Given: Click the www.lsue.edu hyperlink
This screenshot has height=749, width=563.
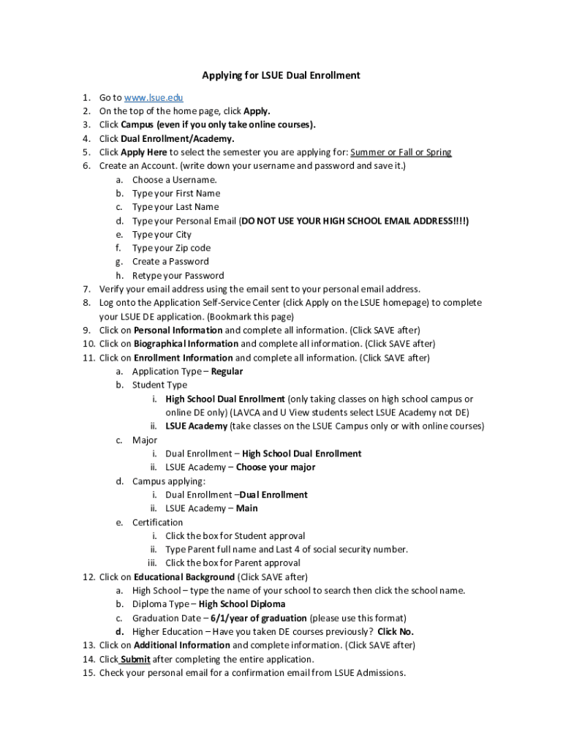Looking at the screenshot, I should (x=154, y=97).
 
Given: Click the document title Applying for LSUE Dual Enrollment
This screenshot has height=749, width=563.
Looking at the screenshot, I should (x=281, y=75).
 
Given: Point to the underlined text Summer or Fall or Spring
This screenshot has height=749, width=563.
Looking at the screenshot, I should (x=401, y=152).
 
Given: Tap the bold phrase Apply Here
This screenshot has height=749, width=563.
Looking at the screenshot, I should (x=144, y=152).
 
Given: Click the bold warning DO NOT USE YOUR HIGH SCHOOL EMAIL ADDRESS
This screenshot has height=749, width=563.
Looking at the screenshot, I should (x=355, y=220).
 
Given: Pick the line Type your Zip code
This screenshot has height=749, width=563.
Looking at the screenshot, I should (x=171, y=248).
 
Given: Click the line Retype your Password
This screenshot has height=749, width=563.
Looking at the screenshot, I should (x=178, y=276).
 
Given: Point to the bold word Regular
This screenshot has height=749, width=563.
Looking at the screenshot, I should (x=227, y=372).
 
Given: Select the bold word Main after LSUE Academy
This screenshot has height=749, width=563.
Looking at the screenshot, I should (x=246, y=508).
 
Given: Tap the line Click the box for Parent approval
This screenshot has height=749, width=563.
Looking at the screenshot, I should (x=233, y=563).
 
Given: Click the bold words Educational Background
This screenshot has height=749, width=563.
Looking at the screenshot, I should (x=184, y=576).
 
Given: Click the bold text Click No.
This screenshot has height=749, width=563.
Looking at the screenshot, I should (x=396, y=632).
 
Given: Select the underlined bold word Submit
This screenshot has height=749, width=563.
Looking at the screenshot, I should (x=135, y=659).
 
